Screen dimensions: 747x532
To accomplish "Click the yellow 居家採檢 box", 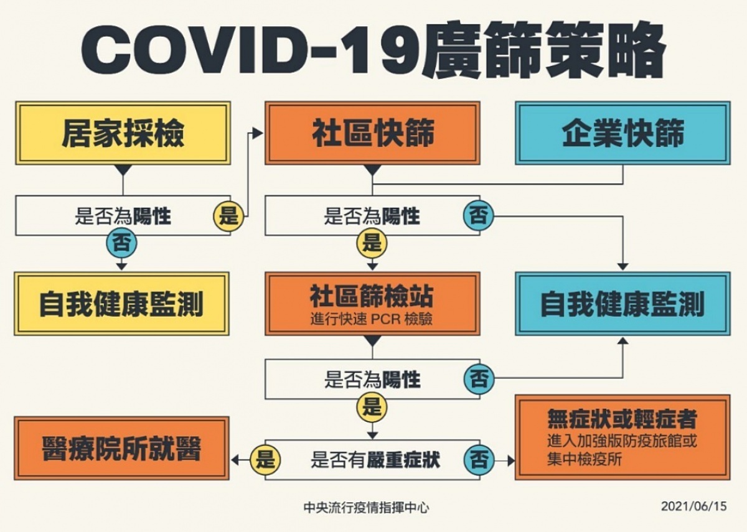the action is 123,133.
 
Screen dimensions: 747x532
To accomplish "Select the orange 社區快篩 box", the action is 372,133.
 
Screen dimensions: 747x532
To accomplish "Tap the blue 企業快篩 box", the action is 622,133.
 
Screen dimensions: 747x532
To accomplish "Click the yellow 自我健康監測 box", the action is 122,304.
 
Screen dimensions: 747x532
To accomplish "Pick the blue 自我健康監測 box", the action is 622,304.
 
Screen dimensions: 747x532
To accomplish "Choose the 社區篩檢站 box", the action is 372,304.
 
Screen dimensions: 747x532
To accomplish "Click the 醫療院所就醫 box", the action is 122,449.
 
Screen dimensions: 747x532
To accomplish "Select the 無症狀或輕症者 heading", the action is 622,419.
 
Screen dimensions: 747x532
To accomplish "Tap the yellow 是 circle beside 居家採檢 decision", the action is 229,217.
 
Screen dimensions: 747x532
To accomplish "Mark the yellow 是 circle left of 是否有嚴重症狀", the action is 265,460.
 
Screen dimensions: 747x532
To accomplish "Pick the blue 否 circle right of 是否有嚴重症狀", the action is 479,460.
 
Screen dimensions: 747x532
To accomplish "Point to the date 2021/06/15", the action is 694,506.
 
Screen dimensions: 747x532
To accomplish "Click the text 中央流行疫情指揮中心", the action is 367,508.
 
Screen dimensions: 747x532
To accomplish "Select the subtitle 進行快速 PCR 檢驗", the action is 372,319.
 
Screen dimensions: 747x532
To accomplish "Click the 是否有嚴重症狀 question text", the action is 375,460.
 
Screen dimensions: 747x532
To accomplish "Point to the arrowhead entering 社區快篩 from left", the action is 258,133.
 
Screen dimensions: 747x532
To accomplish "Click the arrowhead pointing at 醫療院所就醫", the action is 235,460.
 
